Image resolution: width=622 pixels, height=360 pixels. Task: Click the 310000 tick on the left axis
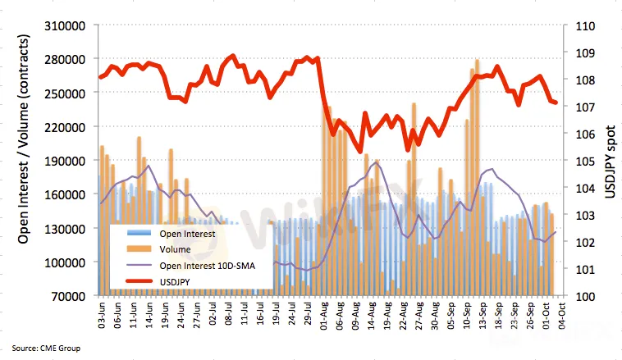(69, 26)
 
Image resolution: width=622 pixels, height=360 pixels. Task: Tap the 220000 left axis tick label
(69, 128)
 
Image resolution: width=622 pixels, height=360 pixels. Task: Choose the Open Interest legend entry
(188, 235)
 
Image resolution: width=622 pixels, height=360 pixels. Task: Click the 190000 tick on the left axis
(69, 162)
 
